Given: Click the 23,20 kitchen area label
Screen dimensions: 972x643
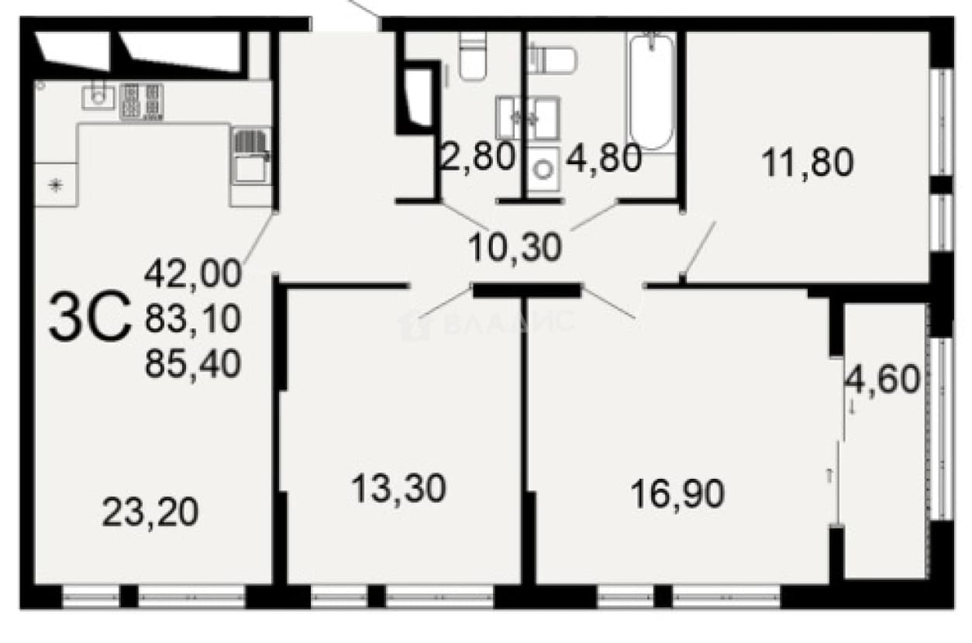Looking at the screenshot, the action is (150, 513).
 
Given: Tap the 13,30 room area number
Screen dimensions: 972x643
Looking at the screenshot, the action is (398, 488).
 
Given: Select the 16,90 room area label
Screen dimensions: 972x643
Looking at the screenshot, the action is (677, 493).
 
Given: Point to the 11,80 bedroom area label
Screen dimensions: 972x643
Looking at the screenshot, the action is (807, 163).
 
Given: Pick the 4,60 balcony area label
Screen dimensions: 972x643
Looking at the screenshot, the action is (882, 379).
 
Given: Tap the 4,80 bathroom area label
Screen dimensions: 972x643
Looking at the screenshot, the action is (604, 157).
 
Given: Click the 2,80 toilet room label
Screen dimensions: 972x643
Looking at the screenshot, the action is (477, 156).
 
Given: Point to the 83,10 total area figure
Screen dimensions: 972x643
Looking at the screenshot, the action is (193, 318).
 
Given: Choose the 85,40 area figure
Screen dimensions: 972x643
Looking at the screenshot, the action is (193, 363).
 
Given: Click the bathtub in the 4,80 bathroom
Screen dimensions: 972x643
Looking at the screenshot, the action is (652, 92).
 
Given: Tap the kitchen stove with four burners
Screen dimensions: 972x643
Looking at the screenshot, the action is (142, 101).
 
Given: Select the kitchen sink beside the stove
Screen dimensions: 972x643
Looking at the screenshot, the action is (99, 96).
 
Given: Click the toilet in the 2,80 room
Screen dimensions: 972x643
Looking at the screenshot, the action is (473, 57).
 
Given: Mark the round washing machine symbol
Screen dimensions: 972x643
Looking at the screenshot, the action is (543, 169).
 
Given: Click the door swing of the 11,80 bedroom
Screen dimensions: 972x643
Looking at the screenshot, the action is (698, 248).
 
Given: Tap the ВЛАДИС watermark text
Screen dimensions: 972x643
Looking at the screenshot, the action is (487, 323).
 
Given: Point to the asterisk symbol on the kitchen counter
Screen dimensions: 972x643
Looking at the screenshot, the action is (56, 186).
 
